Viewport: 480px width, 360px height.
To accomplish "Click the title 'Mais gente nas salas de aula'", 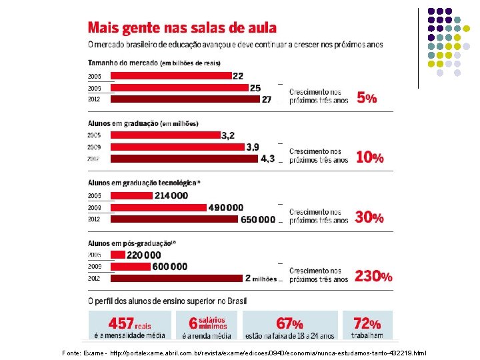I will click(182, 28).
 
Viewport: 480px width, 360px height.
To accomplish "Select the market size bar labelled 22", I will click(169, 77).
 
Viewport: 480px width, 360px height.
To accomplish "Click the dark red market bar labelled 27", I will click(185, 99).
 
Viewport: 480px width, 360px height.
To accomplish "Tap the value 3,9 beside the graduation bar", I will click(253, 147).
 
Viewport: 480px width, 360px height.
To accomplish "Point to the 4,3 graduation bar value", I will click(267, 159).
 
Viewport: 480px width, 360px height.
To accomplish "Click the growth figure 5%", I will click(367, 98).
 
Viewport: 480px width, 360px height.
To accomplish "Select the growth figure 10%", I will click(369, 158).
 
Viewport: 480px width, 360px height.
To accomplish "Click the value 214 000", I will click(171, 195).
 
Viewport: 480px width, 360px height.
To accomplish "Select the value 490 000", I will click(226, 207).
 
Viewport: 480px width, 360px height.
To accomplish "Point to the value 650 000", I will click(258, 219).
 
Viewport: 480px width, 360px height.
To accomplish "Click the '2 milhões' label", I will click(261, 279).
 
